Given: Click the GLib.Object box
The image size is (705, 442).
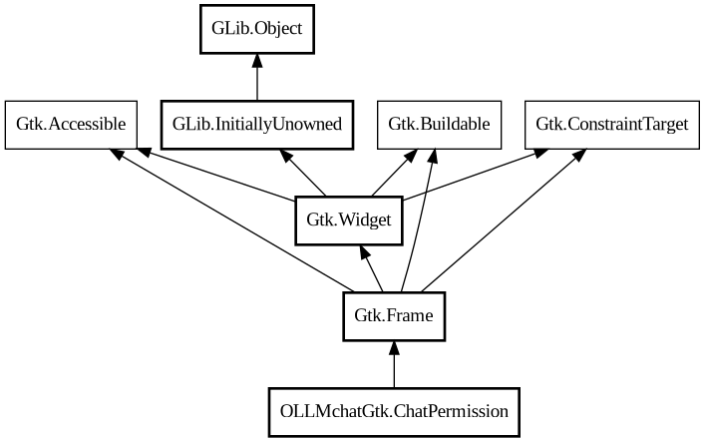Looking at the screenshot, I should click(257, 29).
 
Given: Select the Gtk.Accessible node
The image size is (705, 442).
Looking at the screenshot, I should click(70, 124).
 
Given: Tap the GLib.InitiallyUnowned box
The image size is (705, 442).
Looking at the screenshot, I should click(257, 124).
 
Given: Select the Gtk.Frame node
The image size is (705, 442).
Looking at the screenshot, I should click(394, 316).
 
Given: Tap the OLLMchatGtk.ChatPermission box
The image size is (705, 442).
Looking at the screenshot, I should click(394, 411).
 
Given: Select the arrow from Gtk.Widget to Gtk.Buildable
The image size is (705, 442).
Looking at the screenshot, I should click(394, 173).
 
